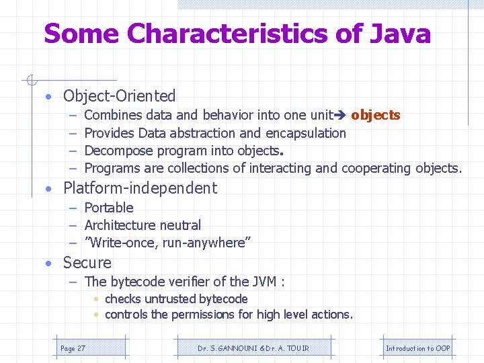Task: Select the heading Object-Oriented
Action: click(x=119, y=96)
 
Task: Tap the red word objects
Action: click(x=375, y=115)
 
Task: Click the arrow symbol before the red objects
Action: click(x=341, y=116)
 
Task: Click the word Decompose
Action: click(x=116, y=151)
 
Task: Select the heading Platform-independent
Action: click(x=140, y=188)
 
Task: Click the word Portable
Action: click(x=109, y=208)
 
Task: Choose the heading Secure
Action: click(x=87, y=263)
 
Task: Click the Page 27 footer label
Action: click(x=73, y=348)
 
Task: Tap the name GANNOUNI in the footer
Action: click(x=233, y=348)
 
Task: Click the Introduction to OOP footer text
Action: click(x=417, y=348)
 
